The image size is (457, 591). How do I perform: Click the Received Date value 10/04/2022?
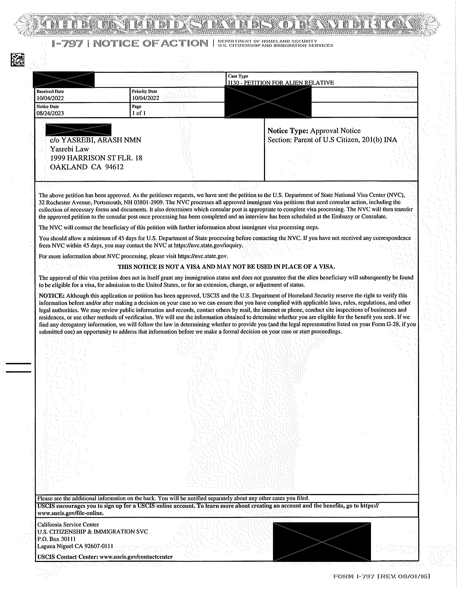click(x=50, y=98)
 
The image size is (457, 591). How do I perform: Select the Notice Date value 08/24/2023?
click(x=50, y=113)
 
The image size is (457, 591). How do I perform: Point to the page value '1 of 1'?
click(x=139, y=113)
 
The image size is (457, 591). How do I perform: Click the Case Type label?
click(x=238, y=76)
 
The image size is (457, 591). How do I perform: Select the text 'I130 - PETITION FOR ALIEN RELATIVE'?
click(x=281, y=83)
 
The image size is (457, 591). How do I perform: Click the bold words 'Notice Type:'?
click(x=288, y=131)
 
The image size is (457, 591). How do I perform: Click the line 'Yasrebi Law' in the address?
click(x=70, y=149)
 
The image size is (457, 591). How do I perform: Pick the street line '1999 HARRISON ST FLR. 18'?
click(x=96, y=158)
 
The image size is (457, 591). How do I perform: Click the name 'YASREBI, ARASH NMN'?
click(x=101, y=140)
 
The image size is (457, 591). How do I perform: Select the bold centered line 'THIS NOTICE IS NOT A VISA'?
click(x=226, y=267)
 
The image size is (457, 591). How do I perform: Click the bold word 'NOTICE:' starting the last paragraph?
click(x=52, y=295)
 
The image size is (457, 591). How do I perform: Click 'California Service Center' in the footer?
click(x=68, y=524)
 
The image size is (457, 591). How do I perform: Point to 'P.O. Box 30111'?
click(x=56, y=539)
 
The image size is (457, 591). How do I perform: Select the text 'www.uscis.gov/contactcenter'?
click(x=136, y=557)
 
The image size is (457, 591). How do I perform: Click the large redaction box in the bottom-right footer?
click(x=322, y=542)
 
